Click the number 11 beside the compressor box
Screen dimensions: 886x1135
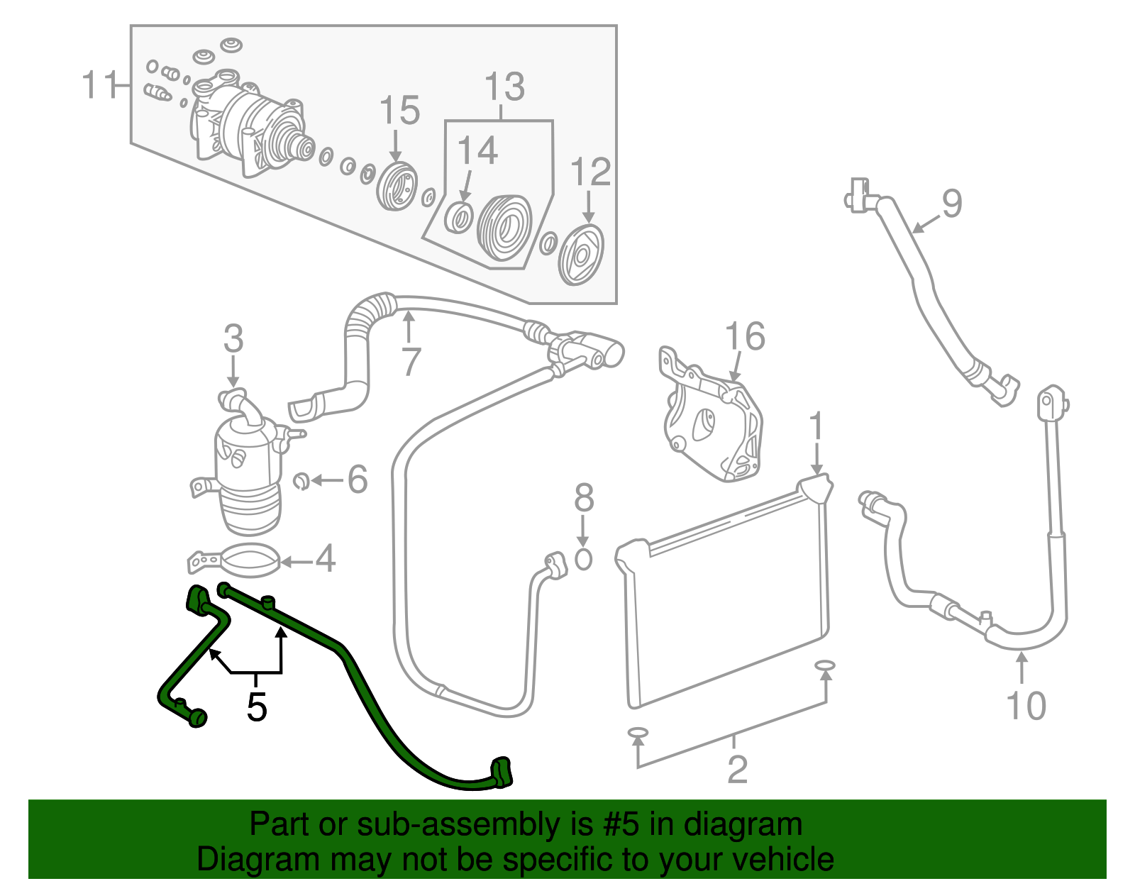pos(100,85)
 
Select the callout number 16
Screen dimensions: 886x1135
pos(745,336)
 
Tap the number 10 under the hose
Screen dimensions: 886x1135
pos(1026,705)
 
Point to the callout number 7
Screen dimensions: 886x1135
pos(411,362)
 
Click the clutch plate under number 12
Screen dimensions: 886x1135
pos(581,255)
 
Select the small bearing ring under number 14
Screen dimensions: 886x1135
pos(460,217)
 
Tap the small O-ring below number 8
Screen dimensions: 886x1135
pos(582,559)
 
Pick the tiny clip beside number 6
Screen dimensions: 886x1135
pos(301,481)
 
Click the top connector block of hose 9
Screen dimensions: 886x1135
pos(857,194)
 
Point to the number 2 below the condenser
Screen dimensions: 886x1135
pos(737,769)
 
